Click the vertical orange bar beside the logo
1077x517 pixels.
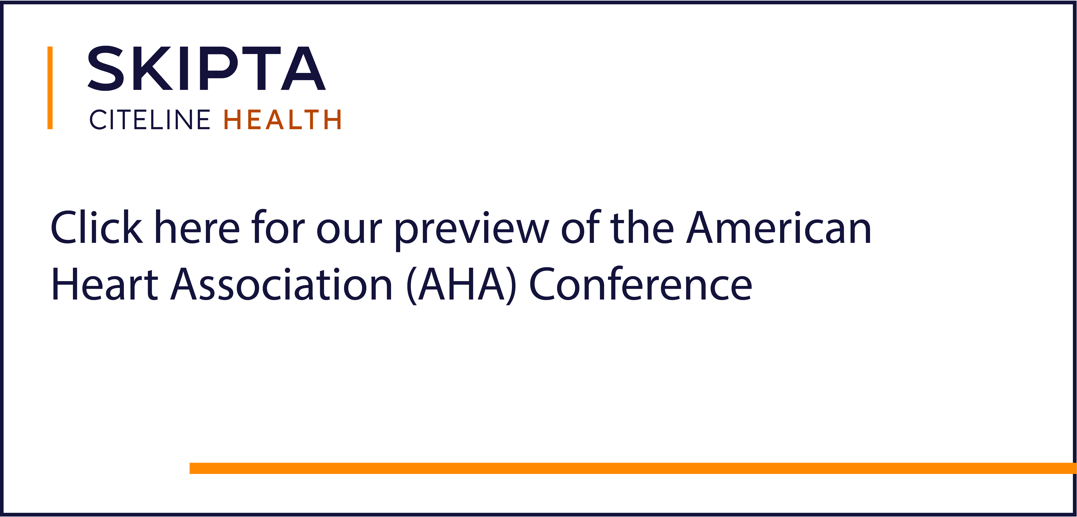(50, 88)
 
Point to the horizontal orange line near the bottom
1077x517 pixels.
(633, 468)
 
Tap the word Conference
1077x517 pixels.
(641, 284)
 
